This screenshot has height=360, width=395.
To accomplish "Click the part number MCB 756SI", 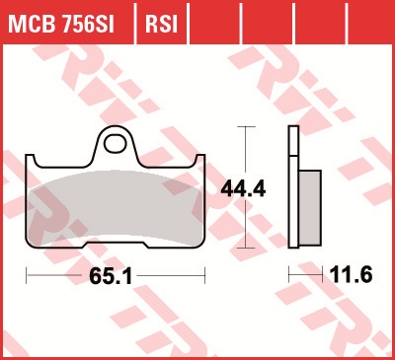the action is (61, 24).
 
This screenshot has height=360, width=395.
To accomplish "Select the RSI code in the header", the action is (161, 24).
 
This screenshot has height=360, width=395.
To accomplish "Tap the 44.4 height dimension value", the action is (243, 189).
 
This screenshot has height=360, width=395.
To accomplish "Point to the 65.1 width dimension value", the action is (111, 276).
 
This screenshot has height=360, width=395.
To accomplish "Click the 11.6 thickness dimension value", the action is (351, 274).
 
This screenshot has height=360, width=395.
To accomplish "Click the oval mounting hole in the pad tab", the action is (115, 144).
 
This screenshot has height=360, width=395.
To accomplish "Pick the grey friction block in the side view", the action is (310, 208).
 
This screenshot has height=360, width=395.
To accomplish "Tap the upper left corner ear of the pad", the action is (31, 161).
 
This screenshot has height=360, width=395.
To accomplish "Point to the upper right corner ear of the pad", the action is (199, 161).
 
